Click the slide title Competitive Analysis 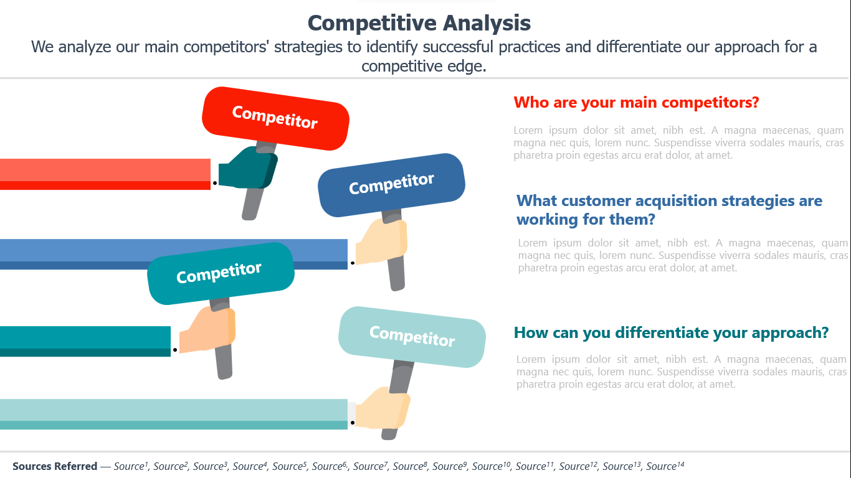(x=419, y=23)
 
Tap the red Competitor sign (x=275, y=118)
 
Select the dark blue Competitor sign (x=391, y=185)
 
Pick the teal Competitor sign (x=221, y=273)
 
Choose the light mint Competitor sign (x=412, y=337)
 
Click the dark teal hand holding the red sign (x=248, y=168)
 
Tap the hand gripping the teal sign (x=207, y=329)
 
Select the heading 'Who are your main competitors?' (x=636, y=103)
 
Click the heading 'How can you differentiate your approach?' (x=672, y=332)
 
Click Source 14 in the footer (x=665, y=466)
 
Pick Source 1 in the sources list (x=131, y=466)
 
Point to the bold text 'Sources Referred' (x=55, y=466)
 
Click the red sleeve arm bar (x=105, y=174)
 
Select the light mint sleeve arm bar (x=174, y=415)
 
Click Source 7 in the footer (x=371, y=466)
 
